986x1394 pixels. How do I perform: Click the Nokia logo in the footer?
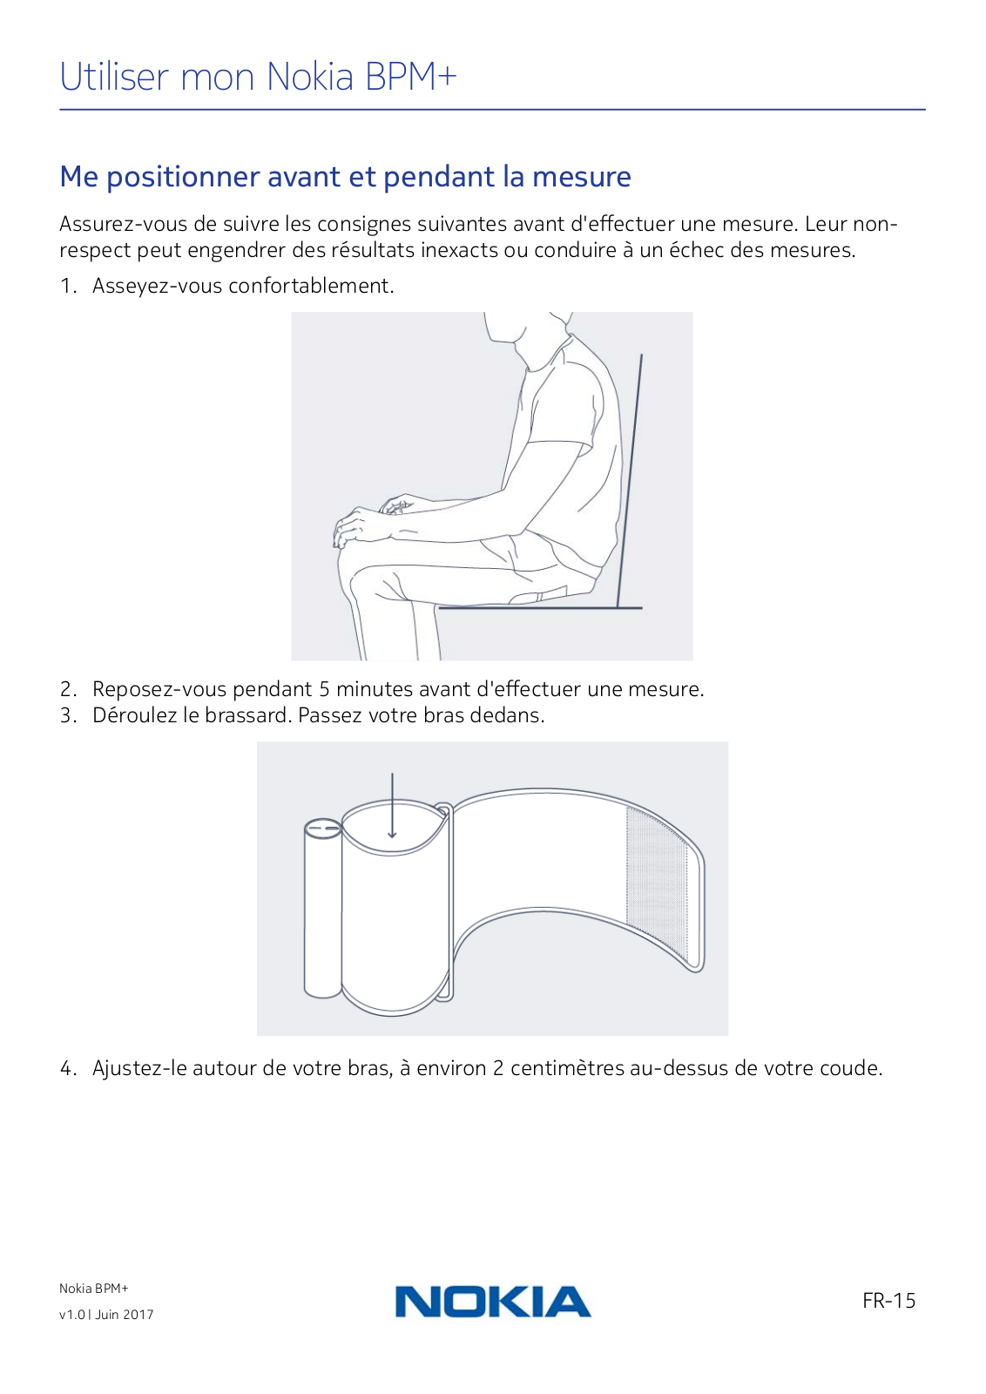(x=493, y=1302)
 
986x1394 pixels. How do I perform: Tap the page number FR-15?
(x=889, y=1300)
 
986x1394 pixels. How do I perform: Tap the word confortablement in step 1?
(x=311, y=286)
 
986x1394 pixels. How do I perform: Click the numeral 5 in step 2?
(x=324, y=689)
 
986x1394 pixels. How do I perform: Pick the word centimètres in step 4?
(x=567, y=1068)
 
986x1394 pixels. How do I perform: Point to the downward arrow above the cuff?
(x=392, y=805)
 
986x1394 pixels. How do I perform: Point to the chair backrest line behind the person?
(x=630, y=480)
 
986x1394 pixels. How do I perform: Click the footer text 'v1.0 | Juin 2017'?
(x=106, y=1315)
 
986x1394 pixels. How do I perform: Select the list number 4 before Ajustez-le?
(x=67, y=1068)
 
